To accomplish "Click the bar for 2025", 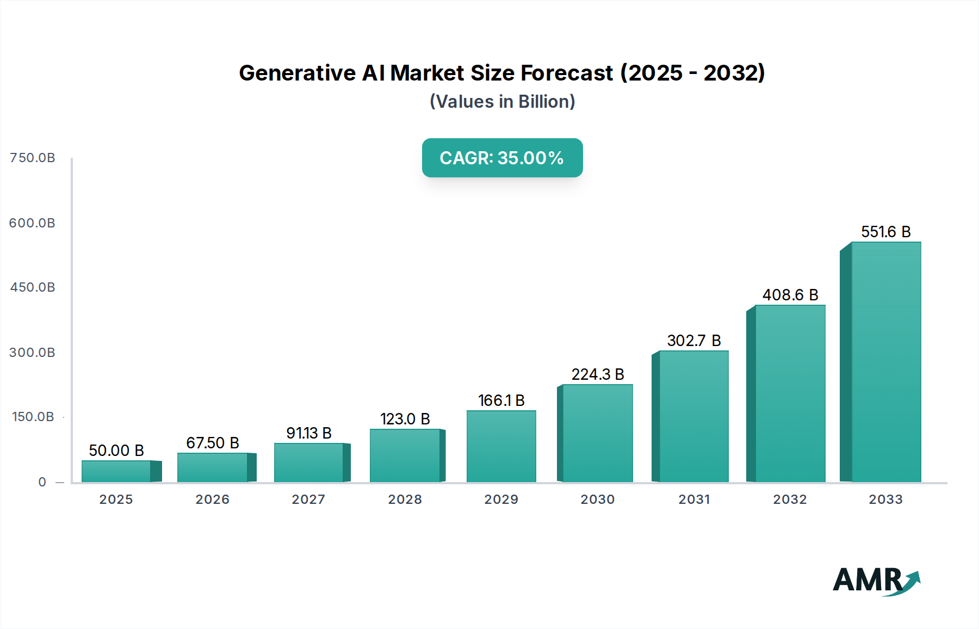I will tap(116, 471).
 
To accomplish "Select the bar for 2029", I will tap(501, 446).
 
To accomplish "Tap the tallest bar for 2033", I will tap(885, 362).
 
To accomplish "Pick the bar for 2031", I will tap(693, 416).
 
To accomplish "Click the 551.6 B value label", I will tap(885, 232).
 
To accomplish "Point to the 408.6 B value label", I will tap(790, 295).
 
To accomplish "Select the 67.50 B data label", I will tap(213, 443).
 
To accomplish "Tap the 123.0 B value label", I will tap(405, 419).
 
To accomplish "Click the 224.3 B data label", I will tap(597, 374).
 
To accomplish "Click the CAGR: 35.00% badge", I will tap(502, 158).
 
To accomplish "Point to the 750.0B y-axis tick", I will tap(33, 158).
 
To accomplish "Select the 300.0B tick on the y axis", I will tap(32, 353).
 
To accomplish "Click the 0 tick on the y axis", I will tap(42, 482).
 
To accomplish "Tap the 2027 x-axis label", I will tap(308, 499).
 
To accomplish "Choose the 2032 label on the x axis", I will tap(790, 499).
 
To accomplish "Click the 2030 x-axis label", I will tap(597, 499).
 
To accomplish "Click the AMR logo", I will tap(876, 581).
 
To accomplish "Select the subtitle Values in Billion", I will tap(502, 102).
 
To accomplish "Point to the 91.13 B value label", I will tap(308, 433).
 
